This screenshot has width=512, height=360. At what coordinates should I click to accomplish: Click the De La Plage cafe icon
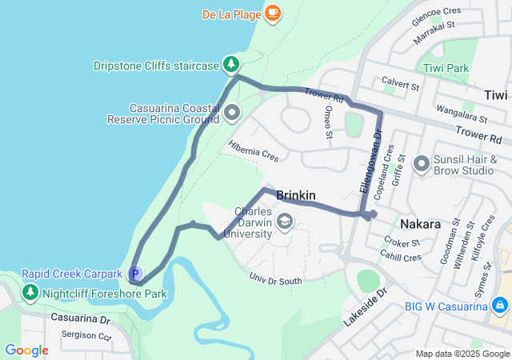273,13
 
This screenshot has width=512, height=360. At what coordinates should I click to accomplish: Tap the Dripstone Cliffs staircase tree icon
231,63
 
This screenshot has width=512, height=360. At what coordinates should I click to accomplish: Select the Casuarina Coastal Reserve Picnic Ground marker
232,112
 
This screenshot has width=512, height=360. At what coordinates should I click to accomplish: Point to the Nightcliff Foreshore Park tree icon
30,294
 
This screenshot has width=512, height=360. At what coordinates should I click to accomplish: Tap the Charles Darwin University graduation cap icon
284,220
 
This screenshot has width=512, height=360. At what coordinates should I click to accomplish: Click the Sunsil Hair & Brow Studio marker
422,165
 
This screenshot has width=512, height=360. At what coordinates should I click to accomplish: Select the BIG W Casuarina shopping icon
499,305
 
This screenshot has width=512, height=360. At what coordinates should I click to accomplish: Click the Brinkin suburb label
296,195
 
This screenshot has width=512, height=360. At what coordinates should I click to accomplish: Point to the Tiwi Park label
446,68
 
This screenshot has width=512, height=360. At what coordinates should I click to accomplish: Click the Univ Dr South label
276,280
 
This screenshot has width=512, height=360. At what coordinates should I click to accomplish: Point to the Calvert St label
401,83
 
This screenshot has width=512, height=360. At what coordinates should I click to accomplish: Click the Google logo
26,350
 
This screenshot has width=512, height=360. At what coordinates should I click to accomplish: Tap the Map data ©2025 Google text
462,354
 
